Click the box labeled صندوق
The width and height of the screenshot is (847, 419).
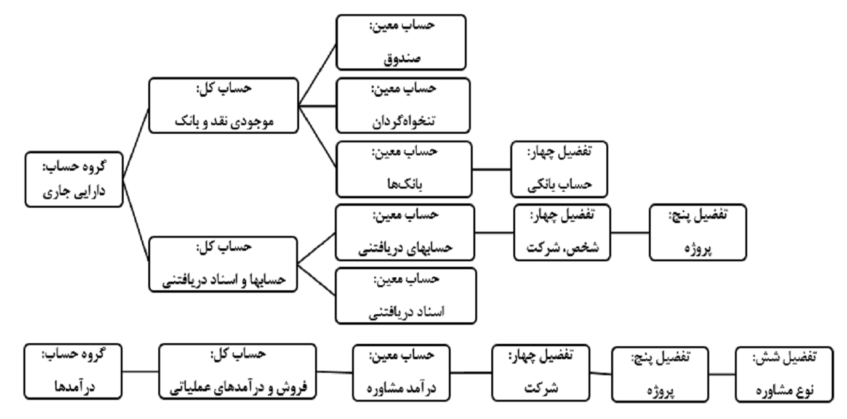click(x=401, y=42)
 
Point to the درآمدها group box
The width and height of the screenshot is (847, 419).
click(x=73, y=372)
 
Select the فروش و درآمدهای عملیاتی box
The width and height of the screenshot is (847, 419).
click(x=238, y=372)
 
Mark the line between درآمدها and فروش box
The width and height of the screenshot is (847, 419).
click(x=141, y=371)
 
